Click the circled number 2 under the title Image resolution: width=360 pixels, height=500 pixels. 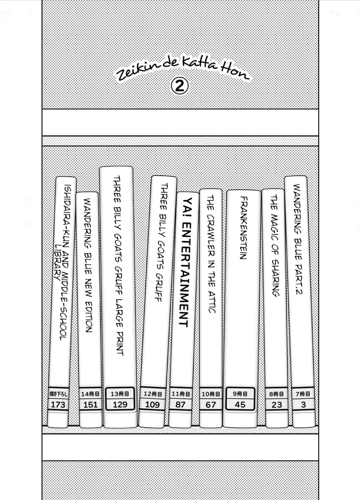tap(180, 86)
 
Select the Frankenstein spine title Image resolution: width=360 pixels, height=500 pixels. tap(243, 228)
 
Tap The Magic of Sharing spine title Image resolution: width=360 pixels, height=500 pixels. tap(275, 246)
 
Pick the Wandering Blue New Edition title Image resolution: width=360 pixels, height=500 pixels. tap(88, 265)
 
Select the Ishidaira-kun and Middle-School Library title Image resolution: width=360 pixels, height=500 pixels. tap(62, 263)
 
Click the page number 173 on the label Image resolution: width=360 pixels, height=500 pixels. tap(58, 405)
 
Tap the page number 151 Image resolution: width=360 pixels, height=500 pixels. tap(90, 405)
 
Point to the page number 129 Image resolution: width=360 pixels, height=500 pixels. tap(120, 404)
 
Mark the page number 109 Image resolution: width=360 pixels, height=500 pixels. tap(152, 404)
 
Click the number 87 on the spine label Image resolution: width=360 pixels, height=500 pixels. tap(181, 405)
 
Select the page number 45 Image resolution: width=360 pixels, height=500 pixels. tap(240, 405)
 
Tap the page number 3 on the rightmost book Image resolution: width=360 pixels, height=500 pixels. tap(303, 405)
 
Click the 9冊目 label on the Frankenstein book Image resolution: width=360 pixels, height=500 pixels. tap(240, 394)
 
